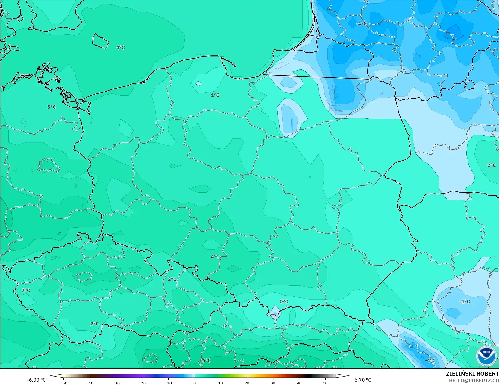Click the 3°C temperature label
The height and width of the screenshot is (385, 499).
pyautogui.click(x=51, y=107)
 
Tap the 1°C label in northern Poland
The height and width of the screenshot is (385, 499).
pyautogui.click(x=215, y=95)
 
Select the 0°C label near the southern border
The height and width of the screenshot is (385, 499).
pyautogui.click(x=284, y=302)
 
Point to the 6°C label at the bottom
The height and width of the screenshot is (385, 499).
pyautogui.click(x=206, y=360)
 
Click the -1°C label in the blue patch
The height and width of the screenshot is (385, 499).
pyautogui.click(x=465, y=302)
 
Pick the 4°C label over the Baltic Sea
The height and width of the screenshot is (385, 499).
pyautogui.click(x=120, y=48)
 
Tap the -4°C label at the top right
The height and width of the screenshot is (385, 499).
pyautogui.click(x=361, y=24)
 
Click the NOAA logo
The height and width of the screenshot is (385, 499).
pyautogui.click(x=486, y=356)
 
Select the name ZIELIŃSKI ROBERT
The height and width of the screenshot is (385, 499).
pyautogui.click(x=472, y=374)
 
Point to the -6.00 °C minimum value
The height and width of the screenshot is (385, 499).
pyautogui.click(x=36, y=380)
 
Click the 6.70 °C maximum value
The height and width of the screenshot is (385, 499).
pyautogui.click(x=363, y=380)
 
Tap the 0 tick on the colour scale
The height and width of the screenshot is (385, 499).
pyautogui.click(x=195, y=383)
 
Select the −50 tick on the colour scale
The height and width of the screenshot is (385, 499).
pyautogui.click(x=63, y=383)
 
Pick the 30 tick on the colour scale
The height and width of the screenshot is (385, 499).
pyautogui.click(x=273, y=383)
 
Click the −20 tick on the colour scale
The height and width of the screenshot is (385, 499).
pyautogui.click(x=142, y=383)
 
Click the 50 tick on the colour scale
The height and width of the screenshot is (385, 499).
pyautogui.click(x=325, y=383)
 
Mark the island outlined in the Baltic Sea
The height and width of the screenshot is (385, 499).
pyautogui.click(x=100, y=41)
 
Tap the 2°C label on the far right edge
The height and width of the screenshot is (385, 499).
pyautogui.click(x=491, y=165)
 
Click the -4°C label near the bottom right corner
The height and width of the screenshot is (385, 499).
pyautogui.click(x=430, y=360)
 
